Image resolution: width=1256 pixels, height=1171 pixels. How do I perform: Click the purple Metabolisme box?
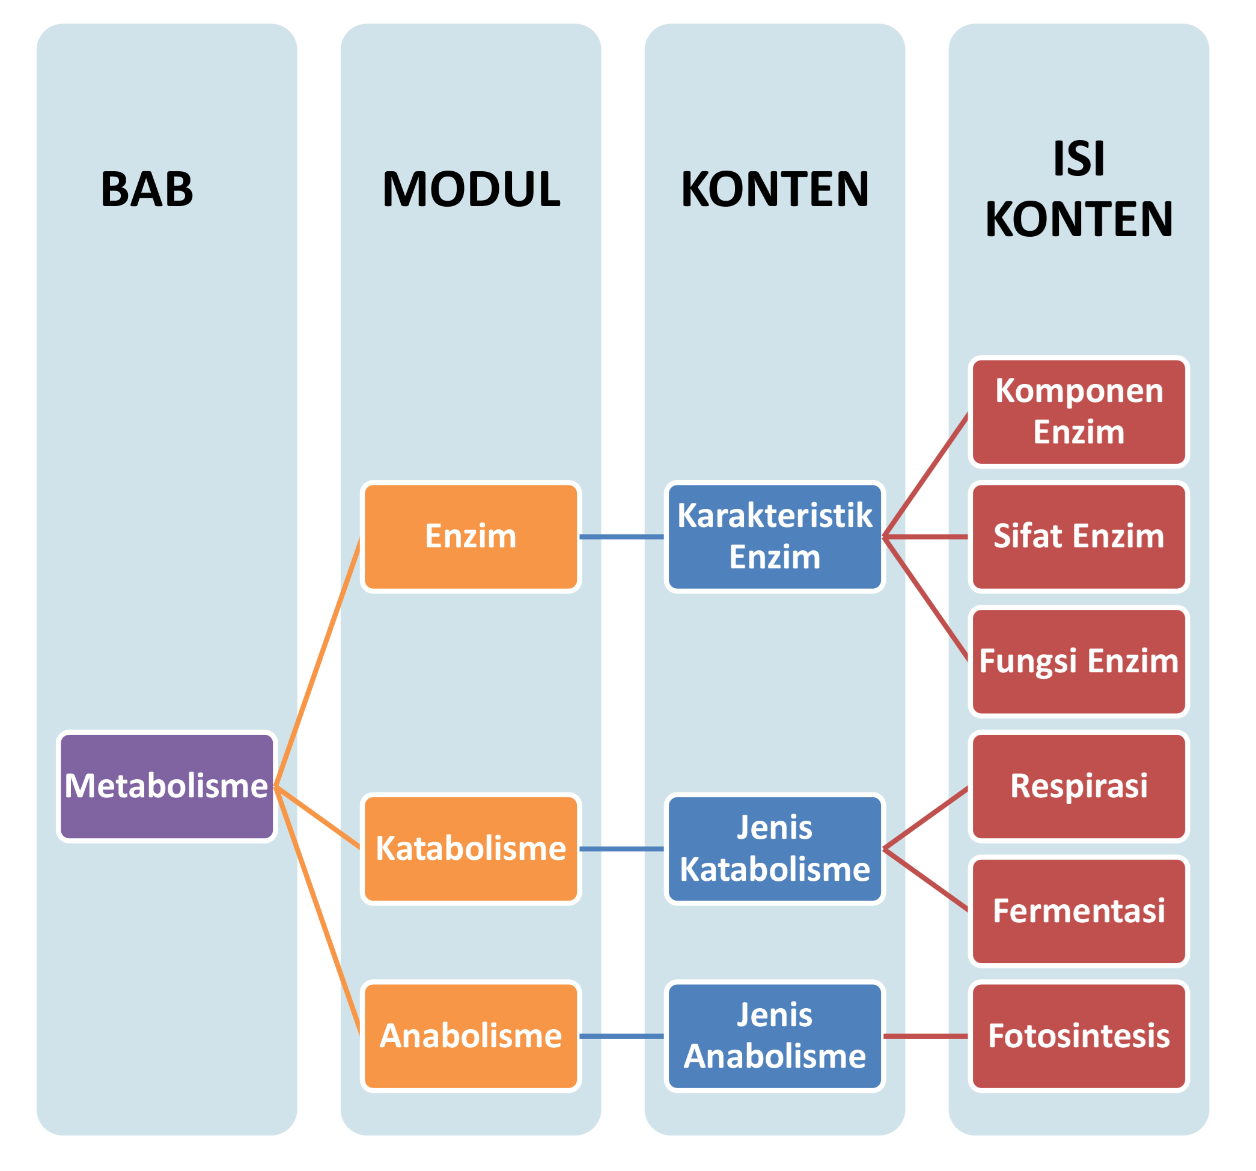coord(167,786)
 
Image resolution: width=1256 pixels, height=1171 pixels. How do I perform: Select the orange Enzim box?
coord(471,537)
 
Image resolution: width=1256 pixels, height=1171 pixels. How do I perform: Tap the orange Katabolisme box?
coord(471,849)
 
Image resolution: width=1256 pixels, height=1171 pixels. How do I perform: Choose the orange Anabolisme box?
coord(471,1036)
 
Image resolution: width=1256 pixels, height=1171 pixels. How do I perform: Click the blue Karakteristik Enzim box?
coord(775,537)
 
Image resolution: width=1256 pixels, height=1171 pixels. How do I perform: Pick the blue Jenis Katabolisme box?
coord(775,849)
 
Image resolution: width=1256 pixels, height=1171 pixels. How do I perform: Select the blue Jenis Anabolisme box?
coord(775,1036)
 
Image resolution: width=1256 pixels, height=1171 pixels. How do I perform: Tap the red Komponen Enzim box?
coord(1079,412)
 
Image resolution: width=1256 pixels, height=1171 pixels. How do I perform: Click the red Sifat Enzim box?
coord(1079,537)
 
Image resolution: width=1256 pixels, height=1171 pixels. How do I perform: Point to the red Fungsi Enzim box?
coord(1079,662)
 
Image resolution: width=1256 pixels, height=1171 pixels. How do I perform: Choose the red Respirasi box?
coord(1079,786)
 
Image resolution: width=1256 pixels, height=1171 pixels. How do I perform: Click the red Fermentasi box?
coord(1079,911)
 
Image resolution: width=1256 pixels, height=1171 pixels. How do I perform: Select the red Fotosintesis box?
coord(1079,1036)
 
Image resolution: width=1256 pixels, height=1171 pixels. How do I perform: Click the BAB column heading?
coord(147,189)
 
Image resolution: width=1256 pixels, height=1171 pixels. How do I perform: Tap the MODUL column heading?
coord(471,189)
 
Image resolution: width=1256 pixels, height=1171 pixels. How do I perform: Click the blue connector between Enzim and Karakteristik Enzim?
coord(621,537)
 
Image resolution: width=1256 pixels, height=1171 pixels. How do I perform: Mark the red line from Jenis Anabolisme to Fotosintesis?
coord(925,1036)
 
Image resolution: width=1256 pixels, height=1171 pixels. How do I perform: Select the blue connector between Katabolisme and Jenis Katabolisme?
coord(621,849)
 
